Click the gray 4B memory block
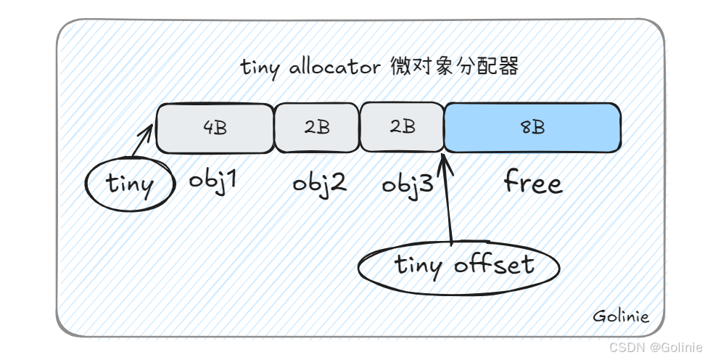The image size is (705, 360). tap(215, 128)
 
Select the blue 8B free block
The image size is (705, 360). tap(532, 128)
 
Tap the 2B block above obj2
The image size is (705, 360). tap(317, 128)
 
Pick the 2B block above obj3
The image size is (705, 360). tap(402, 128)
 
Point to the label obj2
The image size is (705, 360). tap(319, 182)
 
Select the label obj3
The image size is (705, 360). tap(408, 183)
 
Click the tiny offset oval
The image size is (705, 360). tap(459, 266)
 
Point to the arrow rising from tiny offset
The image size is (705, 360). tap(450, 196)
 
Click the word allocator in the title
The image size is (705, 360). tap(334, 67)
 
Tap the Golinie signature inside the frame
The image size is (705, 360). tap(621, 316)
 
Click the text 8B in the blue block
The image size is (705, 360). tap(532, 128)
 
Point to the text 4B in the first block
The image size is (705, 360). tap(215, 128)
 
